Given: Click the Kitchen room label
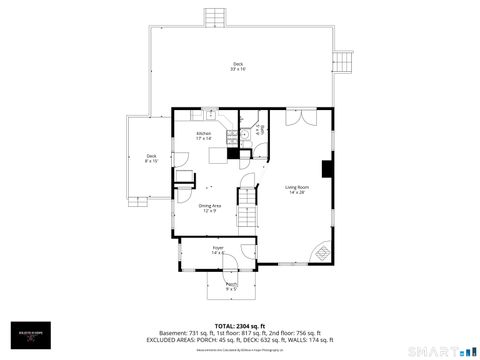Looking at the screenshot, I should (204, 135).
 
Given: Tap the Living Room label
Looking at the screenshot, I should (296, 189).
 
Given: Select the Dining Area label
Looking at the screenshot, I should (211, 207).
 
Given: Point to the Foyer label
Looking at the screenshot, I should (218, 249).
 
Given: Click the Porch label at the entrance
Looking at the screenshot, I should (231, 286).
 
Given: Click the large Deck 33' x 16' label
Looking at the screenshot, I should (238, 66).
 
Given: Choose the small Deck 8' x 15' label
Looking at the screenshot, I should (151, 158).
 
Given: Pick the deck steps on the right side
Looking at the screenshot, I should (345, 60).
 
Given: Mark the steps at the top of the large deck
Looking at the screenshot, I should (214, 18).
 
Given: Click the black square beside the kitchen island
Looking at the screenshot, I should (234, 154).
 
